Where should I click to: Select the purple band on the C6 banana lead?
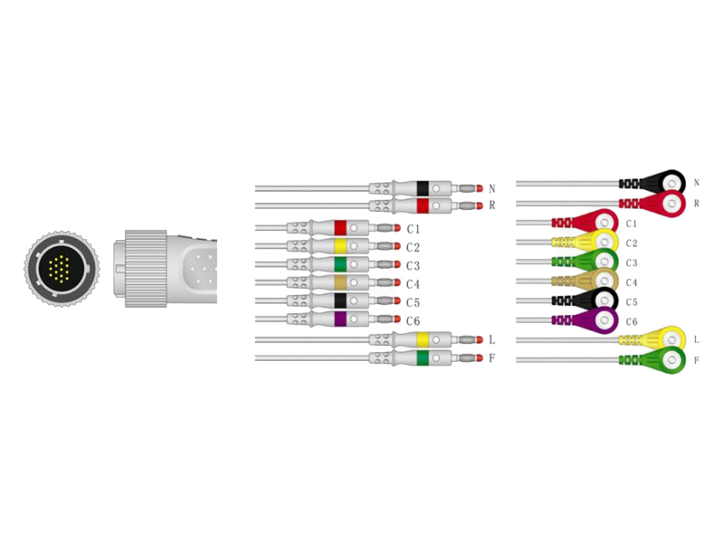pyautogui.click(x=340, y=319)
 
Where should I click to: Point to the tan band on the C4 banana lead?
pyautogui.click(x=340, y=282)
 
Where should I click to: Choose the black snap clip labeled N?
pyautogui.click(x=665, y=183)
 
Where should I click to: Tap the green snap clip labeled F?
pyautogui.click(x=665, y=359)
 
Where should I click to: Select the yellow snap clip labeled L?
pyautogui.click(x=665, y=339)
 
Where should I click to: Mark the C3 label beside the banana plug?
pyautogui.click(x=413, y=265)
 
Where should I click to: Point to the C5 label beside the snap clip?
pyautogui.click(x=632, y=301)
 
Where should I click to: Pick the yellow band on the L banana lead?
pyautogui.click(x=422, y=339)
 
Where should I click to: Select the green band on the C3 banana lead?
pyautogui.click(x=340, y=264)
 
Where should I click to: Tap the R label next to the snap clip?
pyautogui.click(x=697, y=204)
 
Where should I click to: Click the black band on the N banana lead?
pyautogui.click(x=422, y=188)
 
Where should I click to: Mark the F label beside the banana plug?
pyautogui.click(x=491, y=358)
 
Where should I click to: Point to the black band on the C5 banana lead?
pyautogui.click(x=340, y=300)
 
